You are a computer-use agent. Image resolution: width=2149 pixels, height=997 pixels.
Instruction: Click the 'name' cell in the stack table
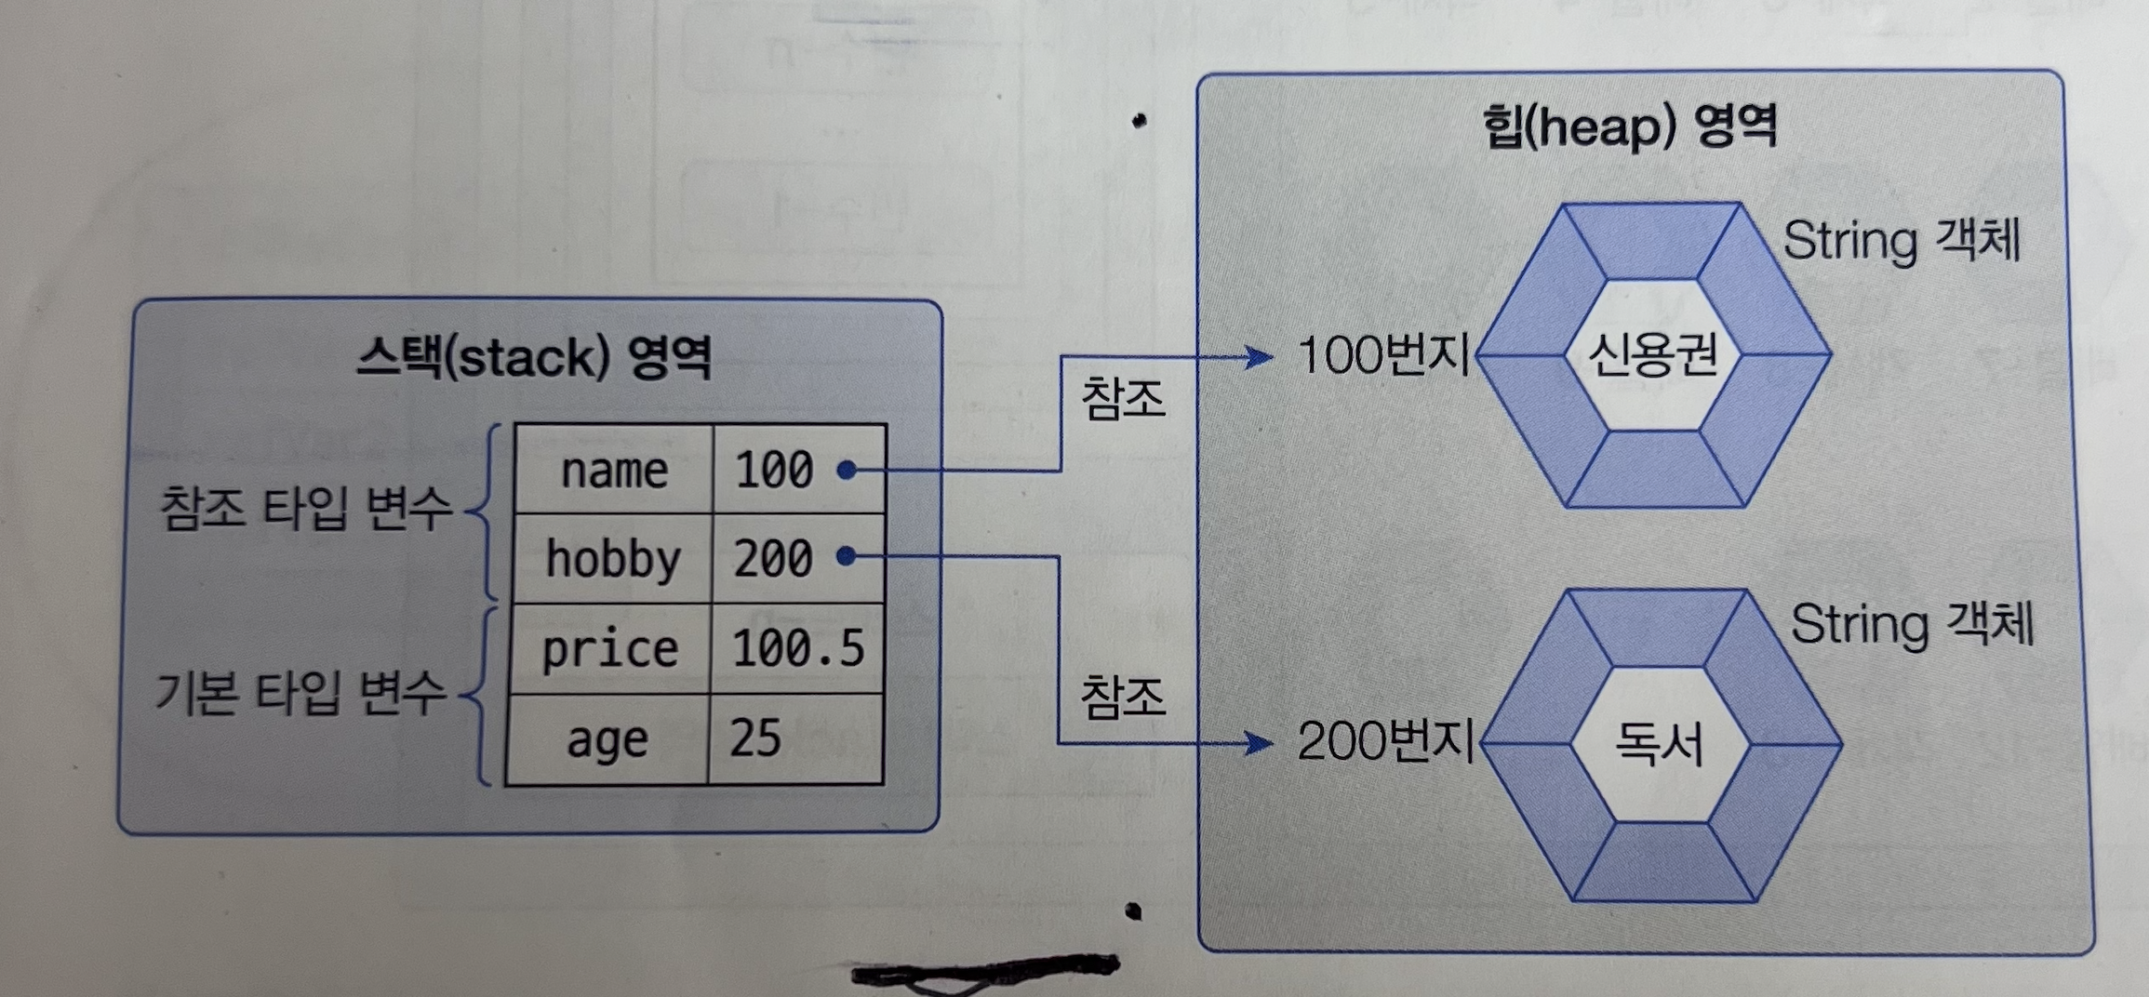[x=614, y=471]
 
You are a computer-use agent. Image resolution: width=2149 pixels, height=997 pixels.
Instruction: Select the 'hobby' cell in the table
[x=613, y=559]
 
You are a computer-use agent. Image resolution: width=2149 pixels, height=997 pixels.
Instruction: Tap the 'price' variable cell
[x=610, y=648]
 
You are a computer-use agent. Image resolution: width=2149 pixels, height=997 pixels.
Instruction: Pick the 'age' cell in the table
[x=607, y=740]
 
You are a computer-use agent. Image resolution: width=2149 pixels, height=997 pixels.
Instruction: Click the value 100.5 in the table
[x=798, y=648]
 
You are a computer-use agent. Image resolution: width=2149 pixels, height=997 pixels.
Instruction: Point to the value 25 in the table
[x=755, y=738]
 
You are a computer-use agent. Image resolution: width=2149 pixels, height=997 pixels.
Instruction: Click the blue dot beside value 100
[x=846, y=470]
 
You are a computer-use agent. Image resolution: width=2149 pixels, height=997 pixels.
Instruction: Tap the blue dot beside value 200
[x=846, y=556]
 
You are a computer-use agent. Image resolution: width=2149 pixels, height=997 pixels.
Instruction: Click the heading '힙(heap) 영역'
[x=1629, y=126]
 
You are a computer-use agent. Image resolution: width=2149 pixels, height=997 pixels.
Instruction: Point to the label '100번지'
[x=1383, y=355]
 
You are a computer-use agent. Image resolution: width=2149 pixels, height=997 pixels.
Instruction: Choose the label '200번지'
[x=1385, y=741]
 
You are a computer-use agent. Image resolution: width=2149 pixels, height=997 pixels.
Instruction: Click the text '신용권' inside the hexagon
[x=1652, y=355]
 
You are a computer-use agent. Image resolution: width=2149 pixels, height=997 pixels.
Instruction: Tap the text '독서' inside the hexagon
[x=1659, y=744]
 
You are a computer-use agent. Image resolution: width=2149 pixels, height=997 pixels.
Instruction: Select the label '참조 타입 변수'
[x=306, y=508]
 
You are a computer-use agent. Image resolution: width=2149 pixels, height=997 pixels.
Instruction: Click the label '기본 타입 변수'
[x=300, y=693]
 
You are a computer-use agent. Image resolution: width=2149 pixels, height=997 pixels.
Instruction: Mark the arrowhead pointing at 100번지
[x=1261, y=356]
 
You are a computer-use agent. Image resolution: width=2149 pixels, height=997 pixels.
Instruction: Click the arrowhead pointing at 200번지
[x=1261, y=742]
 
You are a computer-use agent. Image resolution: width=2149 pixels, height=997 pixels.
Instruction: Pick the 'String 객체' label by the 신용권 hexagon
[x=1902, y=241]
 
